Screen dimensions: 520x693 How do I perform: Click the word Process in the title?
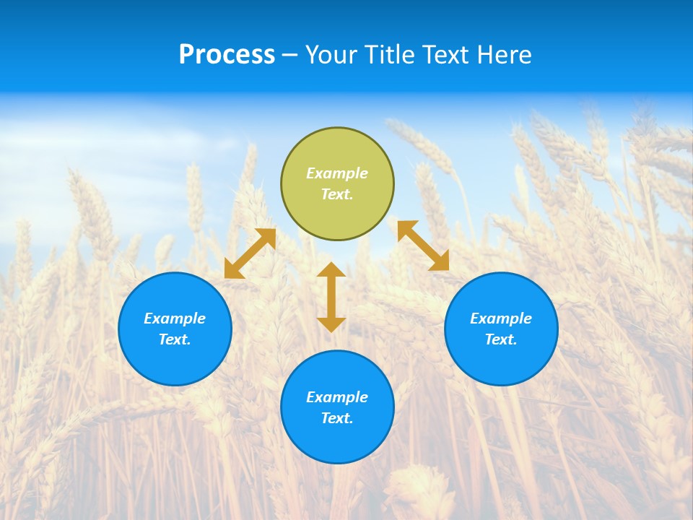[227, 55]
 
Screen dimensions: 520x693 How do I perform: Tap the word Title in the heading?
[391, 55]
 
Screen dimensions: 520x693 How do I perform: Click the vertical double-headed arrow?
[331, 297]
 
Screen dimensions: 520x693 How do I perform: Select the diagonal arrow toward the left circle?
[250, 253]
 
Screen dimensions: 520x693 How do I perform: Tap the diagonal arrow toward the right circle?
[423, 246]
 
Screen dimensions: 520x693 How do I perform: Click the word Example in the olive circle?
[337, 173]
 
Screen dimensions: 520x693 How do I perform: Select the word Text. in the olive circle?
[337, 194]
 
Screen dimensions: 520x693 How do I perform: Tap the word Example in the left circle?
[175, 318]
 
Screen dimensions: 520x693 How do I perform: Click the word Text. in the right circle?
[501, 339]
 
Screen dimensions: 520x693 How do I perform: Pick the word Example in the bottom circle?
[337, 397]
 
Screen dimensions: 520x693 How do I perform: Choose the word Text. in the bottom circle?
[337, 418]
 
